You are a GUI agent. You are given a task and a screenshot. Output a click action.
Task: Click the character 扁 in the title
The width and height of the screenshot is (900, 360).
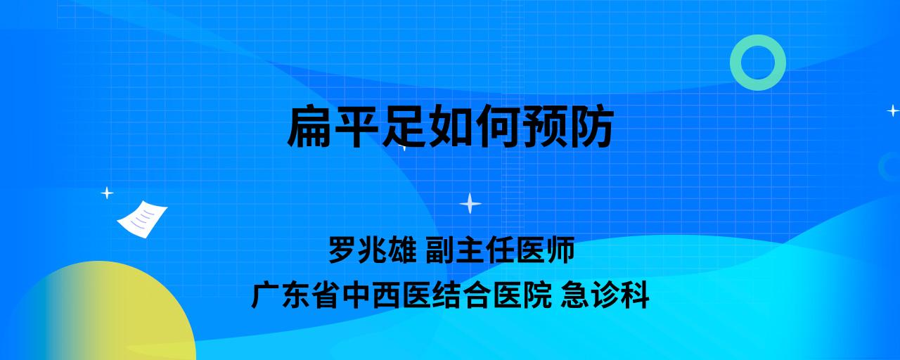click(x=310, y=126)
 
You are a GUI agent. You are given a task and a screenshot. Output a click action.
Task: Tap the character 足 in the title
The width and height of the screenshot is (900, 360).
click(x=404, y=126)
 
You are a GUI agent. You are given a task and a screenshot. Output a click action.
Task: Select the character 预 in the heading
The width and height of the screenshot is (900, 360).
click(x=544, y=126)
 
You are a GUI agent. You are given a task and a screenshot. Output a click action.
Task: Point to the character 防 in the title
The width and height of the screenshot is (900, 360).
click(x=591, y=126)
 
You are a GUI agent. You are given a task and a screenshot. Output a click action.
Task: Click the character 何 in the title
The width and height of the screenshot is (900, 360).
click(x=497, y=126)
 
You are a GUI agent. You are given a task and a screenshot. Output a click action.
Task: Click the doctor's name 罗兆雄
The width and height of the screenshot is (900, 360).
click(x=373, y=250)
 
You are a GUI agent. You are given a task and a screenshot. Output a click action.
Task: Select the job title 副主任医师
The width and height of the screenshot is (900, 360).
click(x=500, y=250)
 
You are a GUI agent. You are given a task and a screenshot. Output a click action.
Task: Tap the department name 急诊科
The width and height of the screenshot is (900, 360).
click(x=605, y=295)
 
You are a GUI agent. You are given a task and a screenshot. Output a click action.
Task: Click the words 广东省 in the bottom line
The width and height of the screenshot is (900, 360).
click(x=295, y=295)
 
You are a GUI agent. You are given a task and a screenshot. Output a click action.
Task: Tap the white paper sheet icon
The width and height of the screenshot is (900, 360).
click(x=142, y=219)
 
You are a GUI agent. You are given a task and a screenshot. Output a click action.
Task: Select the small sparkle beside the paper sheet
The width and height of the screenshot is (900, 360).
click(x=107, y=193)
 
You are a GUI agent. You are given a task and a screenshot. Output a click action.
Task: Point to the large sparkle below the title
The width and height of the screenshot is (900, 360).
click(x=470, y=203)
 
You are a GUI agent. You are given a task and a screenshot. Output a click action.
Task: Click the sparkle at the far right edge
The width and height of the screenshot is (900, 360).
click(x=893, y=110)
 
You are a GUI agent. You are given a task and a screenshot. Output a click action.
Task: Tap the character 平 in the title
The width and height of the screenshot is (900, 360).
click(x=356, y=126)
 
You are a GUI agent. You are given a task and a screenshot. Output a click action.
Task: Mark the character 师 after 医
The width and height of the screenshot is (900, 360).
click(x=561, y=250)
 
